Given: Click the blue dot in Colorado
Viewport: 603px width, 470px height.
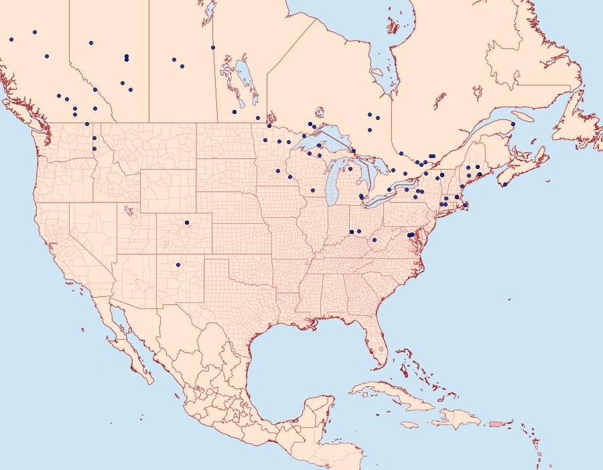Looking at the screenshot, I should [x=187, y=222].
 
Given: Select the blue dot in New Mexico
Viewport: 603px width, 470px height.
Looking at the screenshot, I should [x=178, y=265].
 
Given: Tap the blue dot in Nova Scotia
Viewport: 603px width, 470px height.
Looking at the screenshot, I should [x=505, y=184].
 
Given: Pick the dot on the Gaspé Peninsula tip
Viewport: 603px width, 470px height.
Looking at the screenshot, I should [x=513, y=124].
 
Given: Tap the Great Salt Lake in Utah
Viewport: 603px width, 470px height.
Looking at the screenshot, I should [x=125, y=211].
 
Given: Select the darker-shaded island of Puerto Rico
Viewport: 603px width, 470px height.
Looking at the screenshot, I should [x=496, y=423].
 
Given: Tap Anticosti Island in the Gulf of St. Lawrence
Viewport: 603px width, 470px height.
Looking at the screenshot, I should [x=522, y=115].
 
